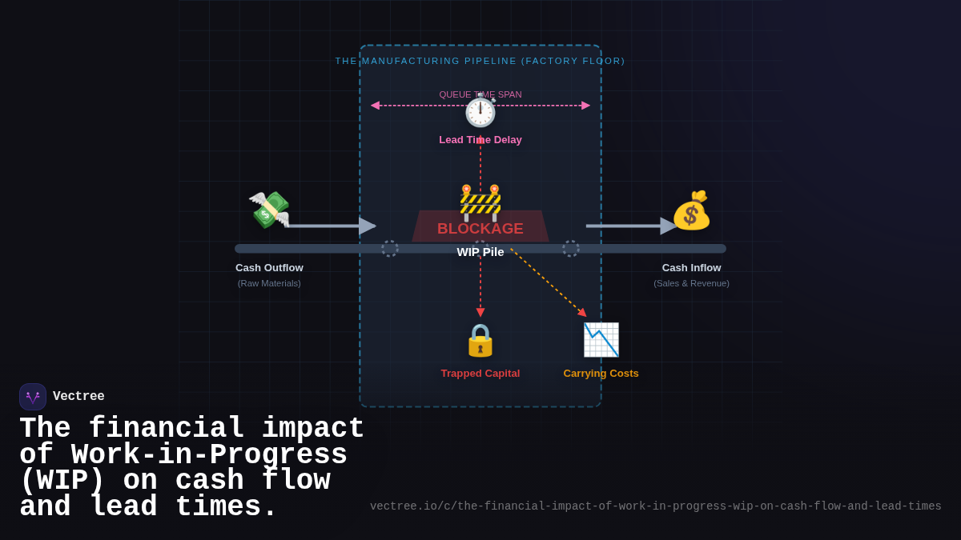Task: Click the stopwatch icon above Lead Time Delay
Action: click(480, 111)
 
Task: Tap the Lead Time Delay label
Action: click(480, 140)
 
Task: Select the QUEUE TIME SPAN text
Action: click(480, 94)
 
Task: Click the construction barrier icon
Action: click(480, 202)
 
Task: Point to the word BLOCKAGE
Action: click(480, 229)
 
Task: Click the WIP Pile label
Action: click(480, 252)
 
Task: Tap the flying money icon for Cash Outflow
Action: click(269, 210)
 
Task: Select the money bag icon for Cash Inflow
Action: click(691, 210)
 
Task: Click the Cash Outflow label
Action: click(269, 268)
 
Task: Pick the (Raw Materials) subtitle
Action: click(269, 283)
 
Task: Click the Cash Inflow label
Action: click(691, 268)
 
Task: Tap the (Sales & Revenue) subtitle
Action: click(691, 283)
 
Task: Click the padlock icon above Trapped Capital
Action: click(480, 340)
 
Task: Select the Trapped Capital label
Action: click(480, 374)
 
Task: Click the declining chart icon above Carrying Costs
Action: click(601, 340)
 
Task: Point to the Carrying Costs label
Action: click(601, 374)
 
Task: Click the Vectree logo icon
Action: click(33, 397)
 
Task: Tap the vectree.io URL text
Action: click(655, 506)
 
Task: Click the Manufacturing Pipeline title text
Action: click(480, 61)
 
